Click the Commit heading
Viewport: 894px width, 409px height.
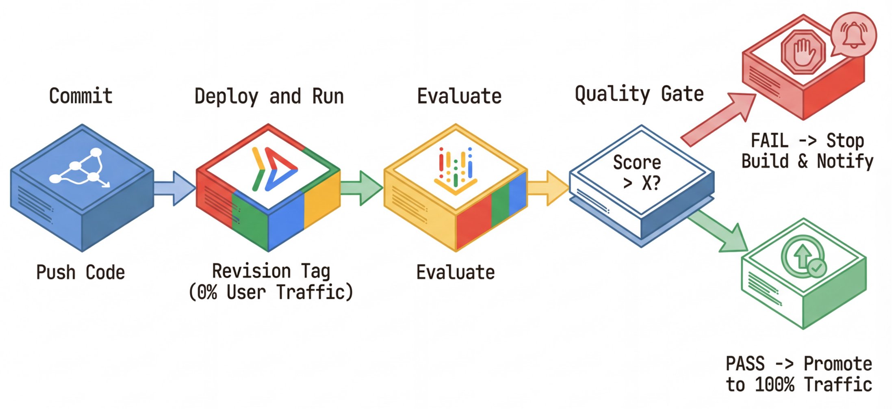coord(80,96)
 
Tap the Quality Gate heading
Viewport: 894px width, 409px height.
coord(639,94)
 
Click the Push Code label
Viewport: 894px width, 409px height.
coord(80,272)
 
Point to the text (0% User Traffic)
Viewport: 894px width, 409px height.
coord(271,292)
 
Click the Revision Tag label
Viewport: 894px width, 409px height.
coord(271,271)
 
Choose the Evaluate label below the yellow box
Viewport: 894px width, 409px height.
coord(455,272)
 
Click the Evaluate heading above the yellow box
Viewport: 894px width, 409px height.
coord(459,97)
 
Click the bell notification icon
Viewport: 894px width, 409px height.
coord(853,35)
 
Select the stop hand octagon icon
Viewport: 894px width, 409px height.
coord(803,52)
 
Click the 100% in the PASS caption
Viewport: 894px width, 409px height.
coord(774,385)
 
